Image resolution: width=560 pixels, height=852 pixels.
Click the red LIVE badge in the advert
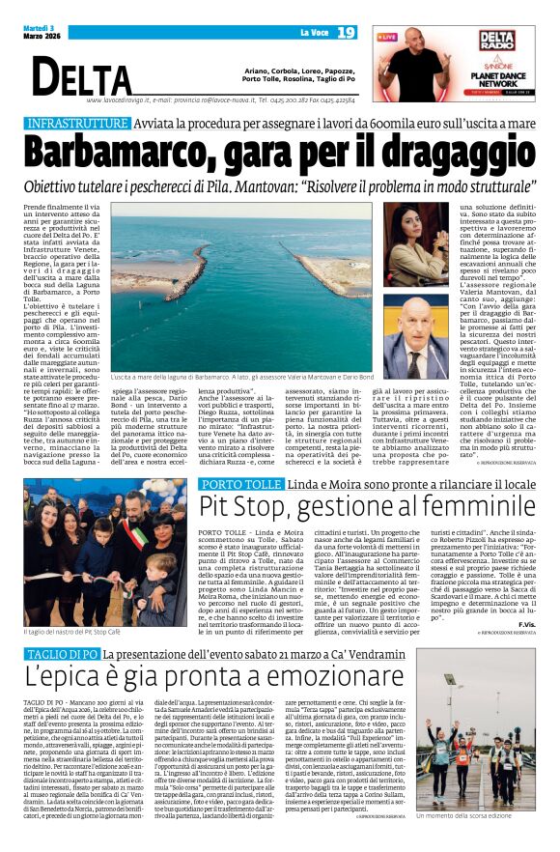pos(387,37)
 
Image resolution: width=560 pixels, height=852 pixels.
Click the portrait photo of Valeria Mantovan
pos(424,245)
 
